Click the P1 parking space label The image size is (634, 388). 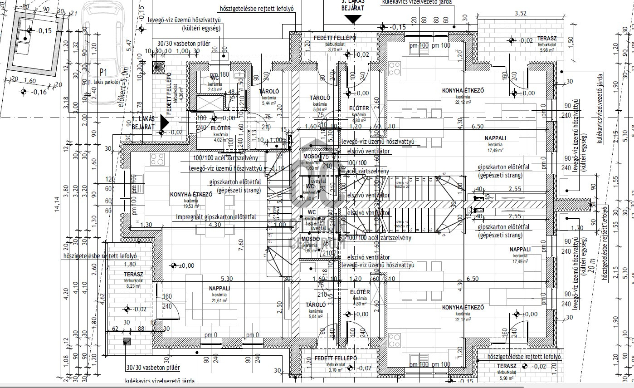click(103, 72)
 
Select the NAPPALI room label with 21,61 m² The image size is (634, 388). click(219, 288)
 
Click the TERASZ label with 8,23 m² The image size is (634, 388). click(133, 275)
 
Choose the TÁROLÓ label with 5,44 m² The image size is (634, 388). click(269, 92)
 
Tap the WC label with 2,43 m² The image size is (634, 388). click(215, 78)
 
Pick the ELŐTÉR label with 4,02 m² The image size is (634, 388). click(221, 128)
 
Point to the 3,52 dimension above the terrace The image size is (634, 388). click(520, 13)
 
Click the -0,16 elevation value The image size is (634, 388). click(39, 92)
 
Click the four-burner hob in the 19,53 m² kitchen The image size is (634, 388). click(157, 159)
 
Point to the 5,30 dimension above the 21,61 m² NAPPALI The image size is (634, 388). click(226, 278)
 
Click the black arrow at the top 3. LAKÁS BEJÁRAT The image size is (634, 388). click(353, 19)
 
